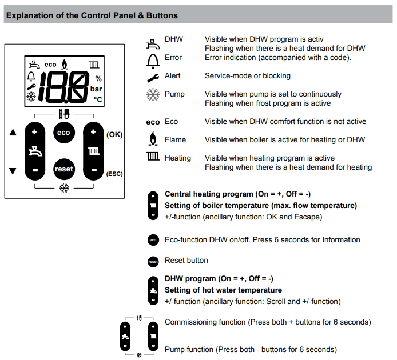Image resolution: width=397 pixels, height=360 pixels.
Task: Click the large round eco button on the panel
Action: (63, 133)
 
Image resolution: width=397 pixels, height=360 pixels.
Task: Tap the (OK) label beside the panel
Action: (114, 134)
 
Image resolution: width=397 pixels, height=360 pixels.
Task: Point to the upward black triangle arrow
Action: (13, 133)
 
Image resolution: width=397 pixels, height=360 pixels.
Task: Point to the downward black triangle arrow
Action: (13, 171)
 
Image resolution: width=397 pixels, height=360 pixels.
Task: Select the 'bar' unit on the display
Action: (96, 89)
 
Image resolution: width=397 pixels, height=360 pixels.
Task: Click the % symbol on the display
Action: (98, 78)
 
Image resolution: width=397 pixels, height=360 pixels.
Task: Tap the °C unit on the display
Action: (98, 99)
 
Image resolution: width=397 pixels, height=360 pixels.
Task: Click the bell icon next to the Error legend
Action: (152, 58)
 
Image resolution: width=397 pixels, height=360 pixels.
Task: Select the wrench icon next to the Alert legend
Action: (152, 77)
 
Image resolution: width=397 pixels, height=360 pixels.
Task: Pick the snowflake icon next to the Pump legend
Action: (152, 95)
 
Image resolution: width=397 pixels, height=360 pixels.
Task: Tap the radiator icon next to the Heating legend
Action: (153, 158)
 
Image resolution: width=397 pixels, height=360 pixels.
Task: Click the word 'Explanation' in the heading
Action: (28, 15)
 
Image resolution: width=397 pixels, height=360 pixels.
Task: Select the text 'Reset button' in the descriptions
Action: (186, 261)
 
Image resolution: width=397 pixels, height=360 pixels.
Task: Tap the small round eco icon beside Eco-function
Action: (152, 240)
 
